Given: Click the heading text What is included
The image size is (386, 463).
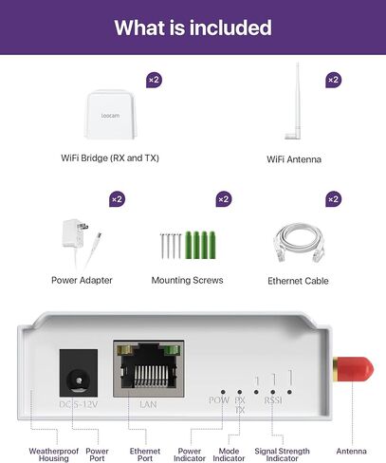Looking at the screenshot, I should (193, 28).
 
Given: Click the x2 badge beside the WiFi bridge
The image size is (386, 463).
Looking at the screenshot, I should (154, 80).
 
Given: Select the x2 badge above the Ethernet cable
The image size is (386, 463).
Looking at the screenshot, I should (333, 199).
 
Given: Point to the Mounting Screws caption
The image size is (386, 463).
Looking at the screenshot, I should (188, 280).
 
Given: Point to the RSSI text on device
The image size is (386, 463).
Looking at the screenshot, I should (273, 400).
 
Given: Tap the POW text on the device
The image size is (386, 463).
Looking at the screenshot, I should (218, 400).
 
